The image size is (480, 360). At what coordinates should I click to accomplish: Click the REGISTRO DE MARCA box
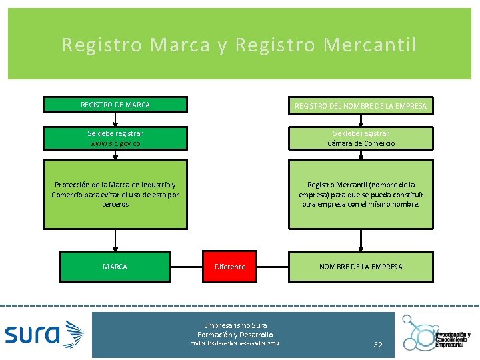coord(115,105)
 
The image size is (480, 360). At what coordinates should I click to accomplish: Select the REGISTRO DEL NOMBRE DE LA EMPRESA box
coord(361,105)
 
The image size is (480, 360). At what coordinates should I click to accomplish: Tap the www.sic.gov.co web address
coord(115,143)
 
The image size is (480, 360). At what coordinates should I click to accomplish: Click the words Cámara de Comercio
coord(361,143)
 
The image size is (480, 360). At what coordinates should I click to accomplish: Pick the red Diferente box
coord(230,267)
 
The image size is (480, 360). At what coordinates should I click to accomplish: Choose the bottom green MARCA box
coord(115,267)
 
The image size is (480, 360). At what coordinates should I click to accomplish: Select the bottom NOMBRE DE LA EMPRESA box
coord(361,267)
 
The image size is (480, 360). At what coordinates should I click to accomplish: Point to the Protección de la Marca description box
coord(115,194)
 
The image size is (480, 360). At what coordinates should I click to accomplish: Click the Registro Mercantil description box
coord(361,194)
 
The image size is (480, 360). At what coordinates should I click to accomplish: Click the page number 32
coord(378,345)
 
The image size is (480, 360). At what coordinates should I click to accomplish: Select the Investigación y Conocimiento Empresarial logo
coord(437,333)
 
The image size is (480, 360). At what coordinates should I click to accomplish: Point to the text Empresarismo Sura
coord(235,325)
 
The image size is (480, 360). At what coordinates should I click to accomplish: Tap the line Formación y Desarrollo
coord(235,334)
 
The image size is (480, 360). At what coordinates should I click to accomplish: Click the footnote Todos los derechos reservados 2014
coord(235,343)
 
